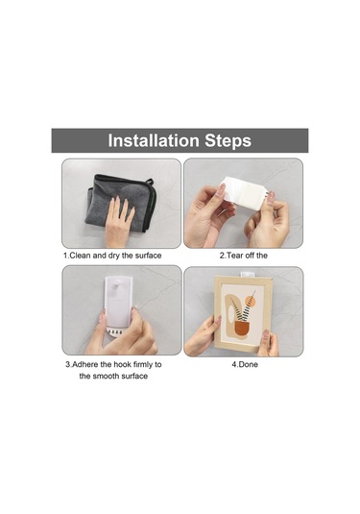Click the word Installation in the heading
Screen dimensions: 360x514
coord(154,140)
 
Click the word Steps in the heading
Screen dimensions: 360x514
coord(228,141)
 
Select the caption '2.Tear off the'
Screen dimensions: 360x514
coord(244,256)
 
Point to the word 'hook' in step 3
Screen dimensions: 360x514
coord(122,364)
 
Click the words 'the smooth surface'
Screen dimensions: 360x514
coord(113,376)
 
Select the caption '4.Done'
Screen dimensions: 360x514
coord(245,364)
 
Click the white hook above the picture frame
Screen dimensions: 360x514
coord(247,274)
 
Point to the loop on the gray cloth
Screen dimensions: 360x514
coord(150,182)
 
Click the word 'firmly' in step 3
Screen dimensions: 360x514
coord(143,364)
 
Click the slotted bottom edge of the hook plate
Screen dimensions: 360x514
coord(114,330)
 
